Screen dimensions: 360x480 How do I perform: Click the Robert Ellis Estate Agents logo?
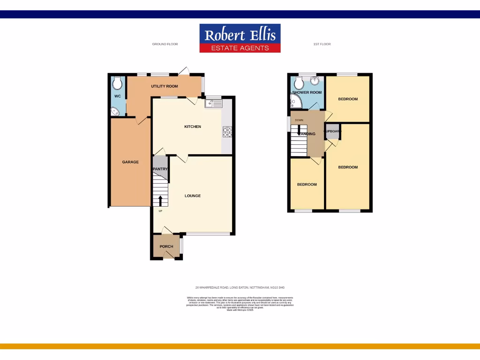[240, 38]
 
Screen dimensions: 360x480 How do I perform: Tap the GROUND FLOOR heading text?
[165, 44]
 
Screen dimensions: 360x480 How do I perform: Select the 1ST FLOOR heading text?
[322, 44]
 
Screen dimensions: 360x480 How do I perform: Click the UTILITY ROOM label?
[164, 86]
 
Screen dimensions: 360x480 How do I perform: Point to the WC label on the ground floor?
[117, 96]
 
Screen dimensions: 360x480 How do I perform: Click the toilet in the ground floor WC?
[117, 83]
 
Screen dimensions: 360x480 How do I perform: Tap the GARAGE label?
[130, 162]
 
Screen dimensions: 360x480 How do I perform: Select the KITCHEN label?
[192, 127]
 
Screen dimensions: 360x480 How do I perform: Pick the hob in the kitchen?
[228, 133]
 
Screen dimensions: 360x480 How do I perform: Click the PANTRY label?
[160, 169]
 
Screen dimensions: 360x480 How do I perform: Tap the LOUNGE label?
[193, 195]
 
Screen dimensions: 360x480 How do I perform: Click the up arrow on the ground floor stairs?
[161, 201]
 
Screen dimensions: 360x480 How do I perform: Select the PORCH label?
[166, 247]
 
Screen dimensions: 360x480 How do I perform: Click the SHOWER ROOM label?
[307, 92]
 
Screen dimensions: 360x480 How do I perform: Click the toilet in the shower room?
[298, 84]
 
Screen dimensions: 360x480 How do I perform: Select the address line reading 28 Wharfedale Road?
[240, 287]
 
